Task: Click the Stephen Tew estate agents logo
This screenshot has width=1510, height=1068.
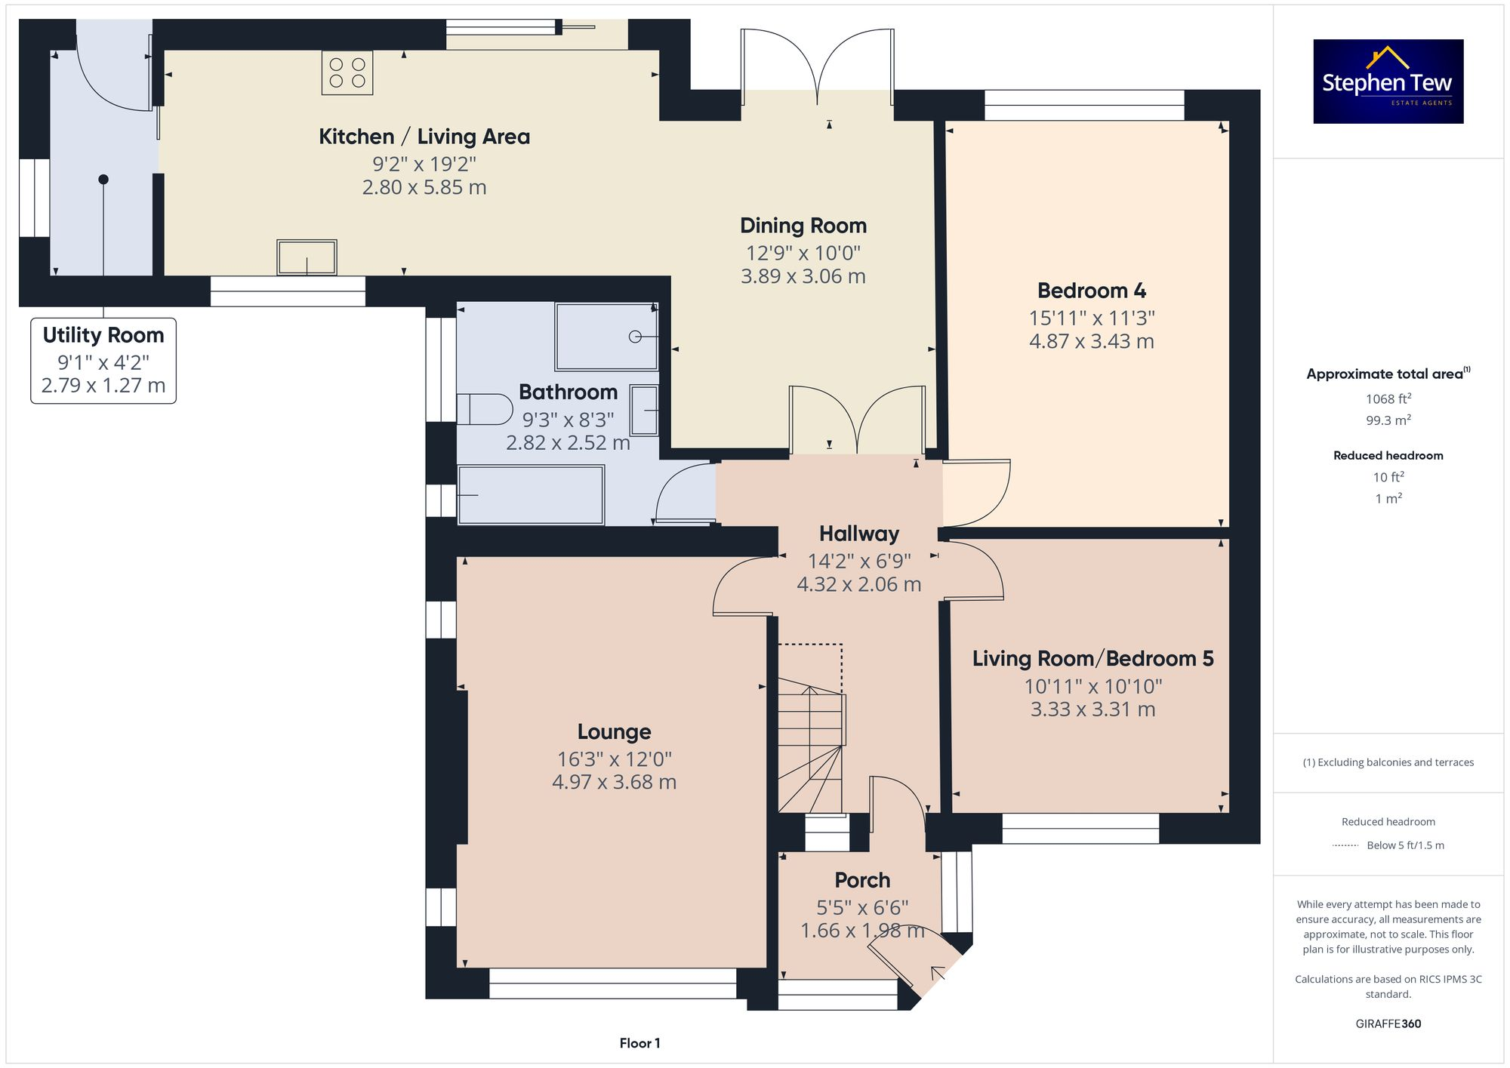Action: coord(1388,82)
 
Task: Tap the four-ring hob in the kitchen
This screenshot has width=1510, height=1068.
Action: coord(347,73)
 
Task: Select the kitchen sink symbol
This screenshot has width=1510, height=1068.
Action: coord(307,257)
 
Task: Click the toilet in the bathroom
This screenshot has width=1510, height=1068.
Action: coord(484,408)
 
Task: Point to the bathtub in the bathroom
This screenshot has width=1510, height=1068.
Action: coord(531,495)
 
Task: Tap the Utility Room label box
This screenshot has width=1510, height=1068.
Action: coord(103,361)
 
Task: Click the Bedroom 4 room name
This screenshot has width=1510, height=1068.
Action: coord(1091,291)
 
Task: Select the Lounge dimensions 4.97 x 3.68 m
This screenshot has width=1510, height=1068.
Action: coord(614,782)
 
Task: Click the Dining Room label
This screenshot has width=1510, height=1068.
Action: coord(803,226)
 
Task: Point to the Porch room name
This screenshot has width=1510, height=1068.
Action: coord(862,880)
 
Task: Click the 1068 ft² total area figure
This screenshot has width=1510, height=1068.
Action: coord(1388,399)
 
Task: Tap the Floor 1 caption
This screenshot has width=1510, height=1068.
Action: coord(639,1043)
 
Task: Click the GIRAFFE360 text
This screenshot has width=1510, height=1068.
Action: coord(1388,1023)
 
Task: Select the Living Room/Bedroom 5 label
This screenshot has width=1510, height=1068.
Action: coord(1092,659)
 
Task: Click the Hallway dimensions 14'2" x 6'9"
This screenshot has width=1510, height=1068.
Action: coord(859,561)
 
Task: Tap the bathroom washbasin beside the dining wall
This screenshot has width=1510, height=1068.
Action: coord(644,410)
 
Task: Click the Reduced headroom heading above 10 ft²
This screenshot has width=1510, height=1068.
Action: coord(1388,455)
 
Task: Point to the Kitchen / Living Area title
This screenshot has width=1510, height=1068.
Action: coord(424,137)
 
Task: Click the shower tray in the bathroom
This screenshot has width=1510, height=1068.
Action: coord(606,337)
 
